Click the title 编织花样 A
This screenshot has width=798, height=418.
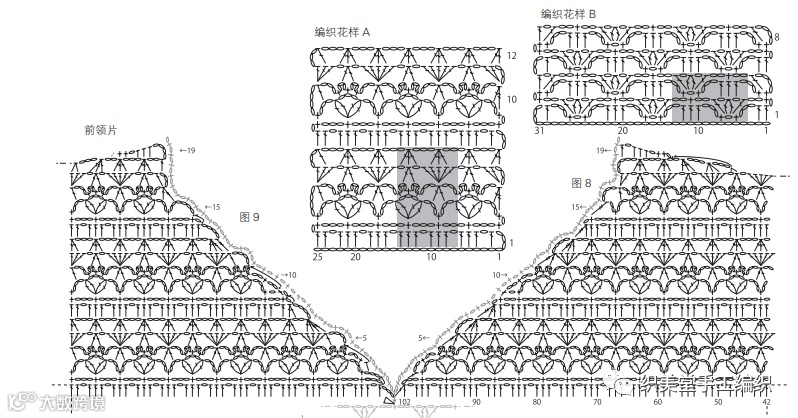[x=343, y=32]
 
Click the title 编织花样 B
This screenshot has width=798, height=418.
[x=568, y=13]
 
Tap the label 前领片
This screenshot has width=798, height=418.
[x=101, y=130]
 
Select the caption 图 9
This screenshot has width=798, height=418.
[x=250, y=216]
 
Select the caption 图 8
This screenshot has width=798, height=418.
[x=582, y=183]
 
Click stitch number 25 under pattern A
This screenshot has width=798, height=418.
[x=318, y=257]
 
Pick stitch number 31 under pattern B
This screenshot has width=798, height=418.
[x=538, y=130]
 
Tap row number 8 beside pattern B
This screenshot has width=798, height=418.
[x=777, y=37]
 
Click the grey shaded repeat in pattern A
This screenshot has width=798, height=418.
[x=427, y=198]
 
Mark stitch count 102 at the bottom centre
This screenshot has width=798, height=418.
[x=404, y=402]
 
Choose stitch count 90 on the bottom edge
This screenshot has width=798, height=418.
[x=475, y=402]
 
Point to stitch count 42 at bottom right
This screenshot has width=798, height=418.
[x=766, y=402]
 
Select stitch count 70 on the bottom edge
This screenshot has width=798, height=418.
[x=597, y=402]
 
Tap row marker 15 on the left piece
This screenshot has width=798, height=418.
[x=213, y=207]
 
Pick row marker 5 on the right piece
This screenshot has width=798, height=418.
[x=423, y=337]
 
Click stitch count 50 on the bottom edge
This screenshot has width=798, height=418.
[x=718, y=402]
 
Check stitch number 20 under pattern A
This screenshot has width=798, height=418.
[x=354, y=257]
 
